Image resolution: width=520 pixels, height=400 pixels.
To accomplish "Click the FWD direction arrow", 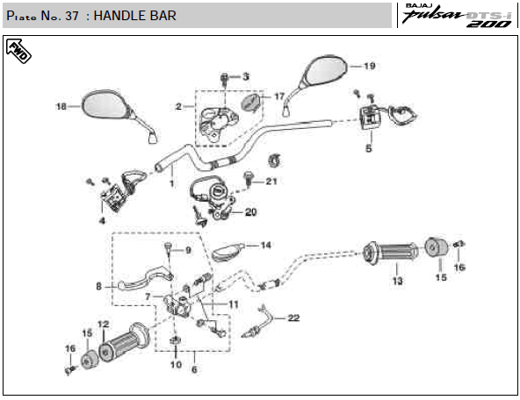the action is [x=18, y=51].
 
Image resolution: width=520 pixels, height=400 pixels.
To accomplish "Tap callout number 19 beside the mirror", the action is [x=370, y=66].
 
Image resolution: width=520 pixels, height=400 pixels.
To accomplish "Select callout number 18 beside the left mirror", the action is [x=61, y=107].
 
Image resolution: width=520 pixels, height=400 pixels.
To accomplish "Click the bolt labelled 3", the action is [x=225, y=80].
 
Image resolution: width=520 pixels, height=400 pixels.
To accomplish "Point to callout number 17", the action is [x=279, y=96].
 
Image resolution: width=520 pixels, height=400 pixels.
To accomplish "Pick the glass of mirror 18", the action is [x=105, y=104].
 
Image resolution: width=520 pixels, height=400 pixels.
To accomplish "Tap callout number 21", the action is [x=271, y=182].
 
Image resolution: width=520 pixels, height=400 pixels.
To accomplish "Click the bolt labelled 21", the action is [x=248, y=178].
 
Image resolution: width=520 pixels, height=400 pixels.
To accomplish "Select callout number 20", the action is [x=250, y=212].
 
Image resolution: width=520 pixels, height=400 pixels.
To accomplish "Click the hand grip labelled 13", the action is [x=391, y=253].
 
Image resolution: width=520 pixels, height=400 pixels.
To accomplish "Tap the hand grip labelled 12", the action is [x=125, y=342].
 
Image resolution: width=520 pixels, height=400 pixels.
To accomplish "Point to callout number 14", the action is [x=265, y=246].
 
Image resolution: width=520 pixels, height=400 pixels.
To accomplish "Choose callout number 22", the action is [x=293, y=318].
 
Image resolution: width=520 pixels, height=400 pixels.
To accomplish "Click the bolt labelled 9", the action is [x=169, y=248].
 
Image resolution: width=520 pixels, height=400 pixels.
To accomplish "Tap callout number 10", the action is [x=176, y=365].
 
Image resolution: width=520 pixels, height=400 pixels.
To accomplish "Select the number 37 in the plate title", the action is [x=72, y=16].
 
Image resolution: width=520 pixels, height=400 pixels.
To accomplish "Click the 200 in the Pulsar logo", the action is [x=489, y=24].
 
